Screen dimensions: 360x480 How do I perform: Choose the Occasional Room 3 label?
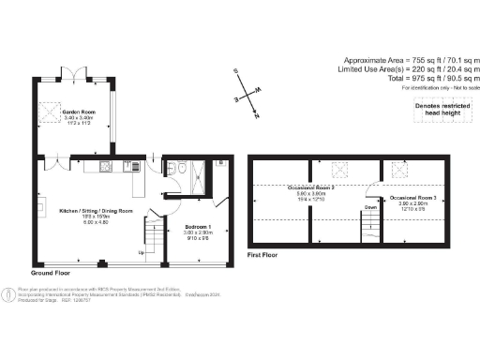[414, 200]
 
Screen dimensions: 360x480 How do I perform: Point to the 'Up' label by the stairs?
[142, 252]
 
